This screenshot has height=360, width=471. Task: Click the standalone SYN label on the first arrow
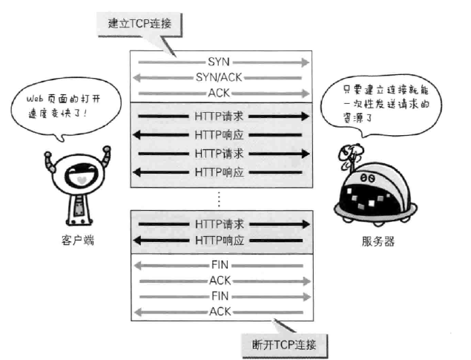point(219,62)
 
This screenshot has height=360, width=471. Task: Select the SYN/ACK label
point(219,77)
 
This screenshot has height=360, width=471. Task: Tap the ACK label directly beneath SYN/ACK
point(219,93)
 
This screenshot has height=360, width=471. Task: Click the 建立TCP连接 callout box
point(139,24)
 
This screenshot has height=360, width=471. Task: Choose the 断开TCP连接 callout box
point(284,344)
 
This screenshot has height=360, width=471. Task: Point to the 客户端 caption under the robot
point(78,240)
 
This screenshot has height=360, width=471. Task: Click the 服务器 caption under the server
point(378,241)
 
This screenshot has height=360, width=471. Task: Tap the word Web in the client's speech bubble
point(35,99)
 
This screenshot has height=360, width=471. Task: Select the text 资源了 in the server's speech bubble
point(358,117)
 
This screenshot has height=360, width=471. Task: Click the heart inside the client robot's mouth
point(82,180)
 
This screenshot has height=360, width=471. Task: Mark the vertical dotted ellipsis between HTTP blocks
point(219,199)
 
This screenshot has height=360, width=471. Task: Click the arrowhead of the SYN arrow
point(306,62)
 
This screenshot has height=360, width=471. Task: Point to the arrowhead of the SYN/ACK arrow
point(136,78)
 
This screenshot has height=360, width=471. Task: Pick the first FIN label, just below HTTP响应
point(220,265)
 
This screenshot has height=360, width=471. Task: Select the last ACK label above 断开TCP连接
point(220,312)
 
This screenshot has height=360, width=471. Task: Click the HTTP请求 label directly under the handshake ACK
point(219,117)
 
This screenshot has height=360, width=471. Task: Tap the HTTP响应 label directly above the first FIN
point(220,240)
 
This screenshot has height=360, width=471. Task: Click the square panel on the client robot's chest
point(79,208)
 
